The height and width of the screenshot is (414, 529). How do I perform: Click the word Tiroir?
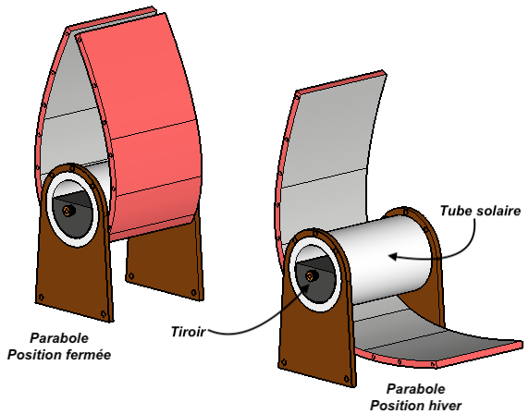point(189,332)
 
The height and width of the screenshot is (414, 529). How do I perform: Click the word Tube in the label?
point(454,211)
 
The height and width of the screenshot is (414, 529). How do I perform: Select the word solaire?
point(496,211)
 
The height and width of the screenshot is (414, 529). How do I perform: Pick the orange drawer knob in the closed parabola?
point(68,211)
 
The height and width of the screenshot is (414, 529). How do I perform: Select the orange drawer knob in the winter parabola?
point(311,276)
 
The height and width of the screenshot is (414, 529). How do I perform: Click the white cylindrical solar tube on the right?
point(381,260)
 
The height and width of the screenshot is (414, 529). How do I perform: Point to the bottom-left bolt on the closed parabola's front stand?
point(42,298)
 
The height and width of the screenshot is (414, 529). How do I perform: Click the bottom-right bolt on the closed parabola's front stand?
point(104,314)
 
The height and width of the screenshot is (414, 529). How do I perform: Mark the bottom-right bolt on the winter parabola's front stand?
point(347,379)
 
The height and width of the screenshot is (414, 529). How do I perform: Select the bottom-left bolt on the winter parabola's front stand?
point(284,362)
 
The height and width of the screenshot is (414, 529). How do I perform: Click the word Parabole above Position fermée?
point(59,338)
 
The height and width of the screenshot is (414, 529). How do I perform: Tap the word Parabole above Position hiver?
point(415,389)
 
